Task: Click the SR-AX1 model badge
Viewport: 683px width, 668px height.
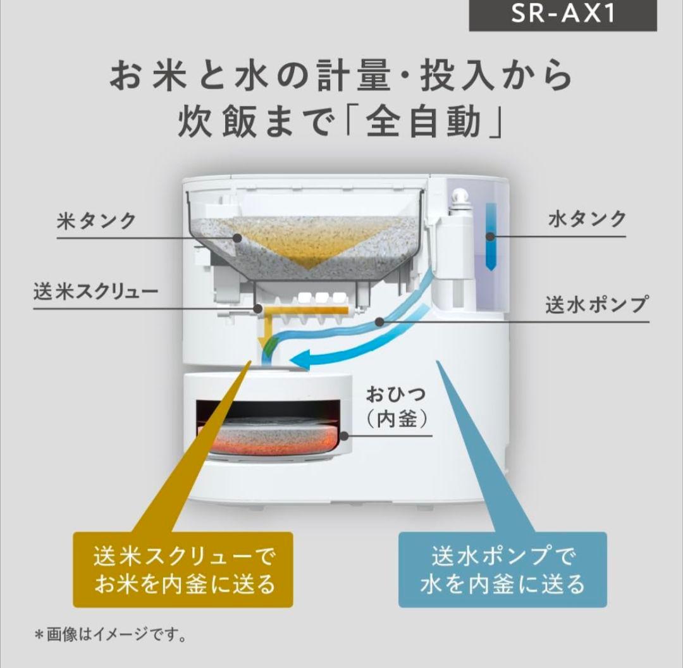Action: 562,14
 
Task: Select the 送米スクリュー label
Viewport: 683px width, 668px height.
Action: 95,292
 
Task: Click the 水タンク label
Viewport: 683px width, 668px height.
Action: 588,220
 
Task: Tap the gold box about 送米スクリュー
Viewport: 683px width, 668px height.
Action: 183,569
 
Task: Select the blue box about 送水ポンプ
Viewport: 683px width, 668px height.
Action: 502,569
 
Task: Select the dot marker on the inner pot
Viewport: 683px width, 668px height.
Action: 343,435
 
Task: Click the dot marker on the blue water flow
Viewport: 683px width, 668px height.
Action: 379,322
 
